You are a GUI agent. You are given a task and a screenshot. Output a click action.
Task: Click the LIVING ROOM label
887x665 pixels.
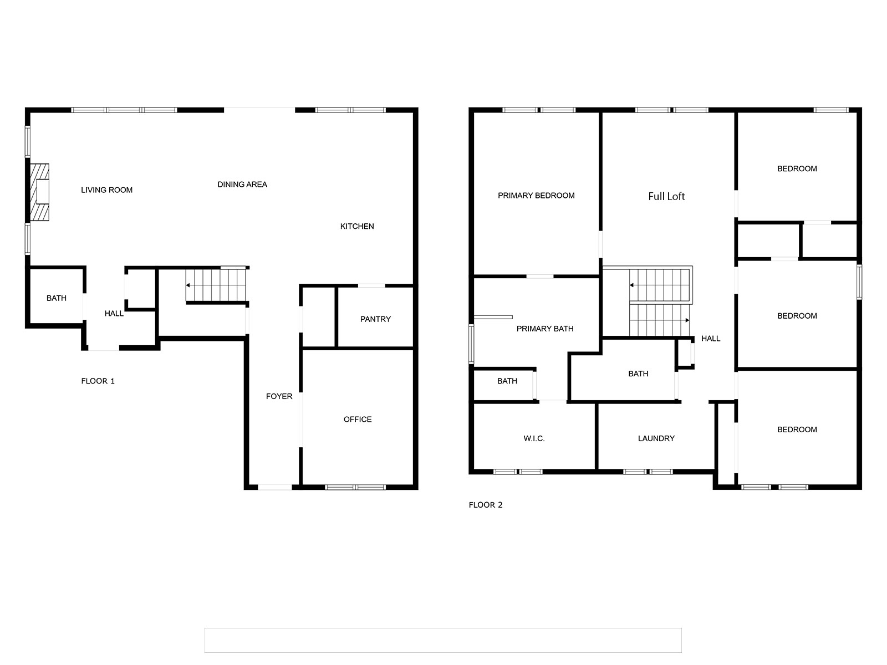[x=106, y=190]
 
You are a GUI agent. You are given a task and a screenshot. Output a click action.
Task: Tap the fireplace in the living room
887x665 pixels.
[x=39, y=192]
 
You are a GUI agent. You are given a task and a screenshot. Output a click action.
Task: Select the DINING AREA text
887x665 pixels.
[x=242, y=185]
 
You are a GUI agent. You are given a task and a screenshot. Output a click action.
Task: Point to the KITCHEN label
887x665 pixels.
[x=357, y=226]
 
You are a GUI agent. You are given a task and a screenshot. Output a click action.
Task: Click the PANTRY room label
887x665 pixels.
[x=375, y=319]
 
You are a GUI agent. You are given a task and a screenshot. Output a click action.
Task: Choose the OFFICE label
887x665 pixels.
[x=358, y=419]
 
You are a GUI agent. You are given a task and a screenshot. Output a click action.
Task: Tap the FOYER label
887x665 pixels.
[x=279, y=396]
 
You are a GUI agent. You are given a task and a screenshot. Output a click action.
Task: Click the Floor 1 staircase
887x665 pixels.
[x=216, y=285]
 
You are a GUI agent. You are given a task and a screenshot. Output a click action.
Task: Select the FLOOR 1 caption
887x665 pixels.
[x=98, y=381]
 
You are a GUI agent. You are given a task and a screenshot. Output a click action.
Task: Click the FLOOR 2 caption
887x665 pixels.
[x=485, y=505]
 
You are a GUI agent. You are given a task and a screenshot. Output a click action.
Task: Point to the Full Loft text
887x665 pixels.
[x=666, y=196]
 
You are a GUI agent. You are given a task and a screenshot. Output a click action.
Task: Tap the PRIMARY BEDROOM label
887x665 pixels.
[x=536, y=196]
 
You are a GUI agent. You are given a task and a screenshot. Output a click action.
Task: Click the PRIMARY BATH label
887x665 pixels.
[x=545, y=329]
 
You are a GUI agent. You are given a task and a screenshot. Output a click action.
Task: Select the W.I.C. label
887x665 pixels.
[x=534, y=438]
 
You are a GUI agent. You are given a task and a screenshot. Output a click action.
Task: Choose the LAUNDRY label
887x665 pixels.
[x=656, y=438]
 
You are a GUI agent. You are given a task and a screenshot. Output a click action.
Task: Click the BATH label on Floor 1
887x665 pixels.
[x=56, y=298]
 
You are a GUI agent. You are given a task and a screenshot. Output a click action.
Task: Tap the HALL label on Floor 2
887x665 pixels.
[x=710, y=339]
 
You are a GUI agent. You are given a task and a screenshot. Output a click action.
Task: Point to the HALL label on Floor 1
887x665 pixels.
[x=114, y=313]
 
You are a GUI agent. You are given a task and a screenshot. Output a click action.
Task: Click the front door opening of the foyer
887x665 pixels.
[x=275, y=487]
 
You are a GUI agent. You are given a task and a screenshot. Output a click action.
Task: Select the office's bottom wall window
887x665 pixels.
[x=355, y=487]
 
